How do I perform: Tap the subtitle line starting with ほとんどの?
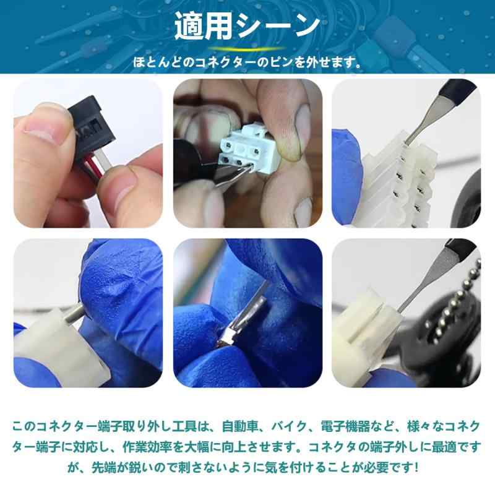(247, 62)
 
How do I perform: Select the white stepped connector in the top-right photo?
(396, 179)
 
